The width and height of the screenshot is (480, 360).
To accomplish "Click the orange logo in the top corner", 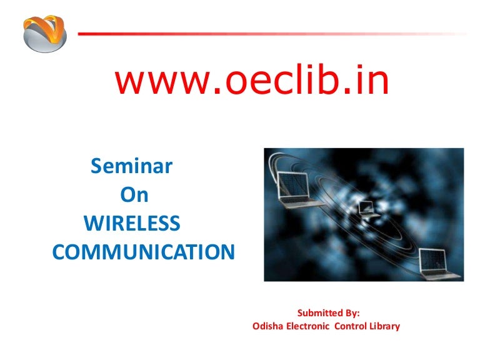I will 44,33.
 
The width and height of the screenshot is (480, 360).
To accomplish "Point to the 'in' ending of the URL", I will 372,82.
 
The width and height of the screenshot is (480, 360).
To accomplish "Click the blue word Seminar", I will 132,167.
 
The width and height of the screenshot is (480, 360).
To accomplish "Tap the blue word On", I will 134,195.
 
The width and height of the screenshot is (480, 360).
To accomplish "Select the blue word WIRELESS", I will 132,223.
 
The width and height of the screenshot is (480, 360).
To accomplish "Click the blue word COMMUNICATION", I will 144,252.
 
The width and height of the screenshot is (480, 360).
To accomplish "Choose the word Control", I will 354,326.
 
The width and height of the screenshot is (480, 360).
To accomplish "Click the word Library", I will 386,326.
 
